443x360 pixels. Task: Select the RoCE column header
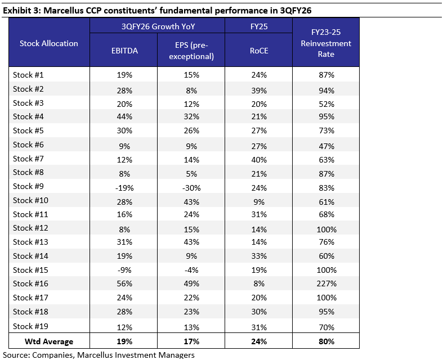[x=258, y=49]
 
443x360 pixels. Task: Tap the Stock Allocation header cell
[x=49, y=43]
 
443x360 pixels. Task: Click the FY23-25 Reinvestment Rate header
[x=326, y=43]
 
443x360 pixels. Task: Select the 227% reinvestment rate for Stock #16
[x=326, y=283]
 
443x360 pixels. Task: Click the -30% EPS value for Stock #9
[x=191, y=187]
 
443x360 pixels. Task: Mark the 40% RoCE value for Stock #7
[x=258, y=159]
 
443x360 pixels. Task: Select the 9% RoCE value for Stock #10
[x=258, y=201]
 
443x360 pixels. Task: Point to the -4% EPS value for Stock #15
[x=191, y=270]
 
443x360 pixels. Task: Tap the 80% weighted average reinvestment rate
[x=326, y=341]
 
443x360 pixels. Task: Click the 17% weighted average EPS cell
[x=191, y=341]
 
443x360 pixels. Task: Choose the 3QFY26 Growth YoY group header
[x=158, y=26]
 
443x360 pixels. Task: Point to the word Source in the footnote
[x=16, y=354]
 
